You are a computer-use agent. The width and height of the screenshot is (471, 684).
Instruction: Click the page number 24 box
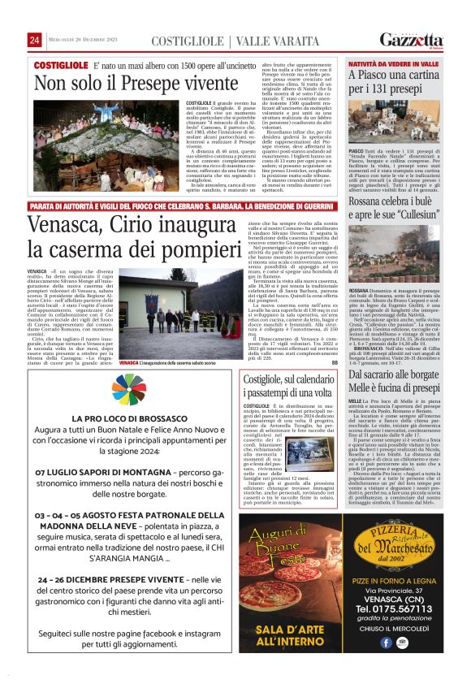pyautogui.click(x=35, y=40)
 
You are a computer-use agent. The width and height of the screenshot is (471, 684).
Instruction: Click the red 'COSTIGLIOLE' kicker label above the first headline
pyautogui.click(x=61, y=64)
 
